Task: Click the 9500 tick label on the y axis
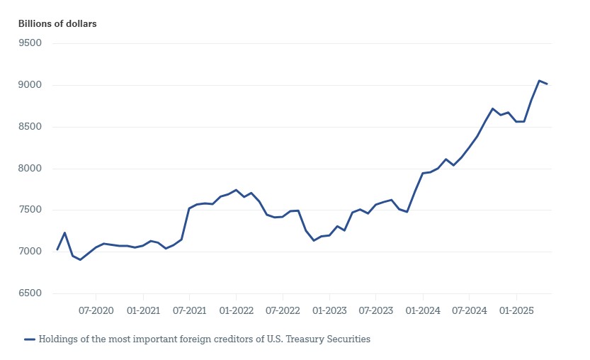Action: (30, 43)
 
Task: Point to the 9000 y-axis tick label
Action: (30, 85)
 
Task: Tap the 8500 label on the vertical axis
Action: (30, 127)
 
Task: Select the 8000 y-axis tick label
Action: (30, 169)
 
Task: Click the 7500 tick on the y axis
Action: (30, 210)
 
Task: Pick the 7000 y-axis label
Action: (30, 252)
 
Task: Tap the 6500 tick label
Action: (30, 293)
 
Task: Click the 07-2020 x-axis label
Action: (96, 311)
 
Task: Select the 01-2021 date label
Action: (143, 311)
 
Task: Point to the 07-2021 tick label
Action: (189, 311)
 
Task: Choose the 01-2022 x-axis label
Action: (237, 311)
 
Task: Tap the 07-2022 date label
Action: (283, 311)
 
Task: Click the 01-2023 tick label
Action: (329, 311)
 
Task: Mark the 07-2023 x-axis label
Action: (375, 311)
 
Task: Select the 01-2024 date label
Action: (422, 311)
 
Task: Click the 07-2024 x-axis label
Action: (469, 311)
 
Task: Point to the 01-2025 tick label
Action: (516, 311)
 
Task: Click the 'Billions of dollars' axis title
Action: (57, 23)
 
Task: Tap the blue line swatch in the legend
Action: (29, 339)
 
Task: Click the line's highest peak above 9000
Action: (539, 81)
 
